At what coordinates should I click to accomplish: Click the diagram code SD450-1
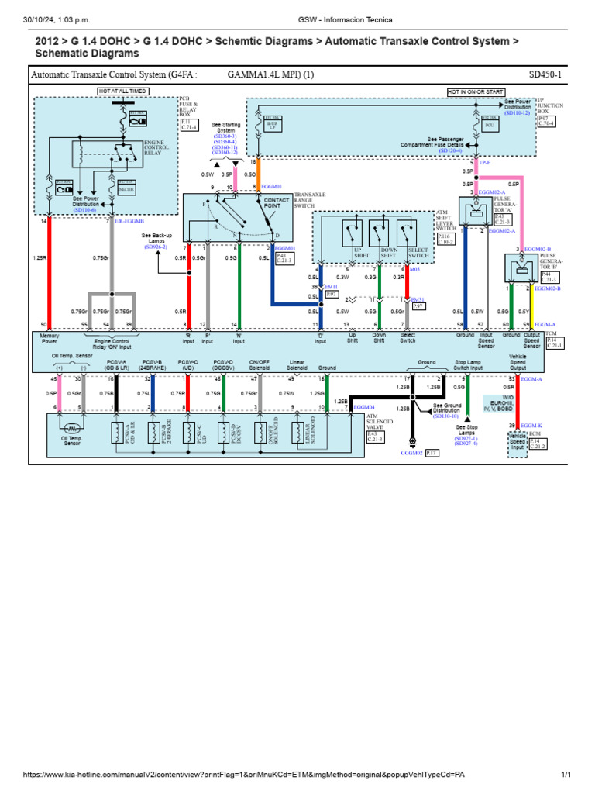point(546,75)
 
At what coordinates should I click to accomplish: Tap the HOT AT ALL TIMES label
point(122,91)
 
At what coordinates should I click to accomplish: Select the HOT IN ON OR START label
point(473,91)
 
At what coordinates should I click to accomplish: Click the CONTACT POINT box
point(277,203)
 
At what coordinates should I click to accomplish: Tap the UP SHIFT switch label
point(359,253)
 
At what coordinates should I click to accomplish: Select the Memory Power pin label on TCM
point(44,338)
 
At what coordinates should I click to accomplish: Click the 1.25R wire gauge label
point(40,257)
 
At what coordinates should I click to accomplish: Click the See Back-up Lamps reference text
point(156,240)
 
